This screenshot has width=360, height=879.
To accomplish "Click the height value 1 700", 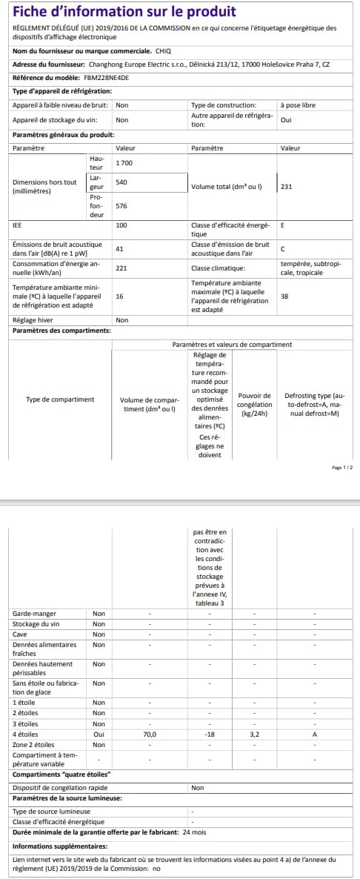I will point(124,162).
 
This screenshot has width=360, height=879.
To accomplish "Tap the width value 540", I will point(122,182).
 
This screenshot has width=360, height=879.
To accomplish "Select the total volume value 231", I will point(287,187).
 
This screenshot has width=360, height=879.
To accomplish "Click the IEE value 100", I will point(122,225).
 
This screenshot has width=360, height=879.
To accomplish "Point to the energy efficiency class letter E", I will point(282,225).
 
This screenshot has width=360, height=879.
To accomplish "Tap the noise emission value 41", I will point(120,249).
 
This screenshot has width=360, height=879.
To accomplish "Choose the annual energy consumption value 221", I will point(122,268).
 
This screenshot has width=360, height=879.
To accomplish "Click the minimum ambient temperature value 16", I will point(120,295).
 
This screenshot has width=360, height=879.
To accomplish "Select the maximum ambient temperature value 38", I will point(284,295).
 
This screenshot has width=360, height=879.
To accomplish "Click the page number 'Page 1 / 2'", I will point(343,468).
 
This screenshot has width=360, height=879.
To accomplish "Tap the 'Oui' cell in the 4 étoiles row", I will point(99,734).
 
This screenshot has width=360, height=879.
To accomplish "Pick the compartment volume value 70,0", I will point(150,734).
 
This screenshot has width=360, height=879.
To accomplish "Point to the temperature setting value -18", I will point(210,734).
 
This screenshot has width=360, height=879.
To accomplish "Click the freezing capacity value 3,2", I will point(254,734).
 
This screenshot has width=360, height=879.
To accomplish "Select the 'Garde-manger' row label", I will point(34,614).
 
